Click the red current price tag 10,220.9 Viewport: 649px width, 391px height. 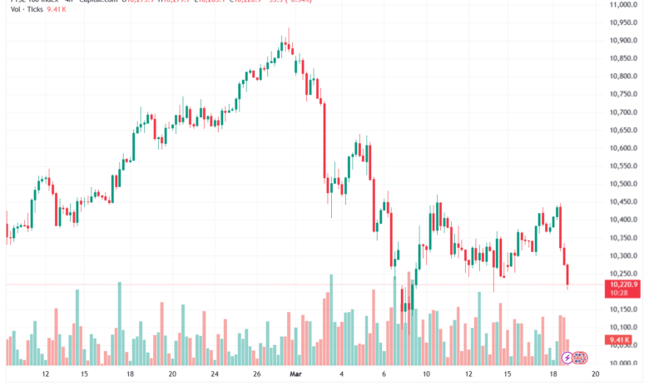[x=623, y=285]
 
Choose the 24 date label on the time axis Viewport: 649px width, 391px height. [x=214, y=375]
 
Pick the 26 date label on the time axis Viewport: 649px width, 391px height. [x=256, y=375]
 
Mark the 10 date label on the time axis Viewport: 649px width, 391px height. [x=425, y=375]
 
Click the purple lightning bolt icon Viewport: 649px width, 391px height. [x=567, y=358]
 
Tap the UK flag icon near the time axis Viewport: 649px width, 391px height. [x=581, y=358]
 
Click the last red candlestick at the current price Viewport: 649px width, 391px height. [x=568, y=276]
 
